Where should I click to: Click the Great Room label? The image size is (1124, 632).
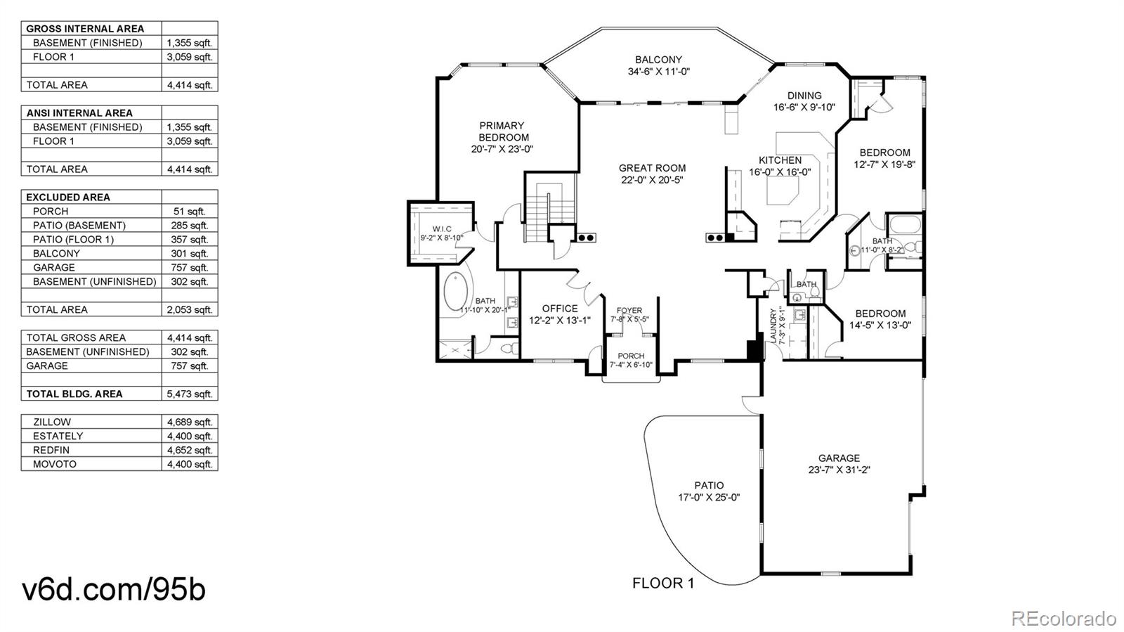tap(652, 168)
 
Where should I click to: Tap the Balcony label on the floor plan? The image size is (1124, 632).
tap(658, 60)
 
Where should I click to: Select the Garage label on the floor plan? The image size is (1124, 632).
tap(839, 458)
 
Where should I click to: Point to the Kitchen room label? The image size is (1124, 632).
tap(780, 160)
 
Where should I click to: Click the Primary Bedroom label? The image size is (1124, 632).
tap(502, 131)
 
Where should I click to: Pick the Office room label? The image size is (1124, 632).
tap(560, 309)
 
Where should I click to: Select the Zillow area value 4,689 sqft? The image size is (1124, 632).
tap(190, 422)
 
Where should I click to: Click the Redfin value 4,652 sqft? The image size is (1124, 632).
tap(190, 450)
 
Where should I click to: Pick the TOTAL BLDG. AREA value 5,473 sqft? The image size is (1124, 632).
tap(190, 394)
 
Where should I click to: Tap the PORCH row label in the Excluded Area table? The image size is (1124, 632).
tap(51, 211)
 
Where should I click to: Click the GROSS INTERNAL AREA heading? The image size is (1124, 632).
tap(85, 29)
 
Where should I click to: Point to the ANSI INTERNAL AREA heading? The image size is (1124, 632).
tap(79, 112)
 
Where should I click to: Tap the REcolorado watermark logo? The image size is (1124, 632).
tap(1064, 618)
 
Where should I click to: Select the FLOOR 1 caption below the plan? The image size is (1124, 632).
tap(663, 583)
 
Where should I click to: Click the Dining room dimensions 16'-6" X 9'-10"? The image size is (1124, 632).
tap(804, 108)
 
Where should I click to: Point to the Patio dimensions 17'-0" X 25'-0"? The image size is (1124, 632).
tap(709, 497)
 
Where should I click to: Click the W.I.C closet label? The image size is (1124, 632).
tap(442, 229)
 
